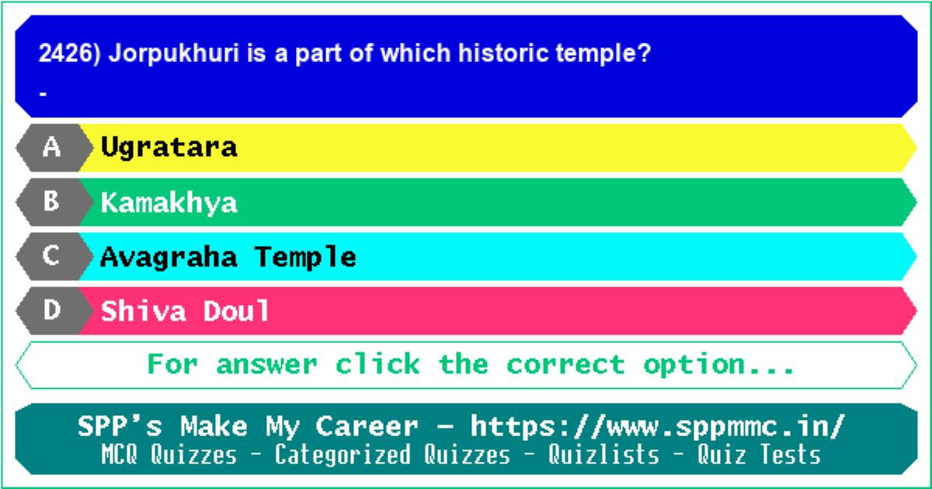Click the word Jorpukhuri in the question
tap(174, 54)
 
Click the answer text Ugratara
tap(169, 147)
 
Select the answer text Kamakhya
tap(169, 203)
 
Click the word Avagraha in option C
tap(169, 258)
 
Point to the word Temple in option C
tap(305, 258)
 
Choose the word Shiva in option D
tap(143, 311)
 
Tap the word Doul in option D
tap(236, 311)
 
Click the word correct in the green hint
tap(566, 365)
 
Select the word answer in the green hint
tap(266, 365)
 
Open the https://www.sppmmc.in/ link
tap(658, 427)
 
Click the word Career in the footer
tap(367, 427)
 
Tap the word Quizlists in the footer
tap(603, 454)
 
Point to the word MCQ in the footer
tap(119, 454)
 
